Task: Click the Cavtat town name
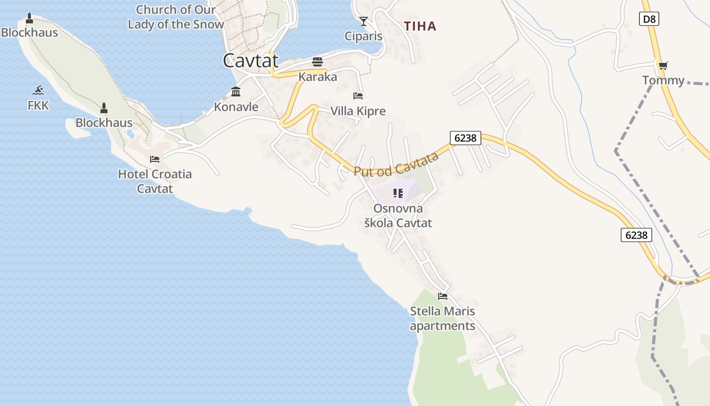[x=251, y=61]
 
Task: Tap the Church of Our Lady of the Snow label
[x=176, y=17]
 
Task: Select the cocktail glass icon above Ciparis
[x=364, y=21]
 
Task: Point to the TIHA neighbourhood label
[x=420, y=26]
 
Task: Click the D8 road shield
[x=649, y=19]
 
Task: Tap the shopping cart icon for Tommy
[x=663, y=65]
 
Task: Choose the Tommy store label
[x=663, y=80]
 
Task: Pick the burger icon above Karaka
[x=318, y=62]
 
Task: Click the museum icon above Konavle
[x=236, y=92]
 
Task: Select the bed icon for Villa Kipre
[x=358, y=95]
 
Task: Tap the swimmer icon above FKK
[x=38, y=91]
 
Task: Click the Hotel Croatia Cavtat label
[x=155, y=181]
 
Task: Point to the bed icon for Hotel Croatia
[x=155, y=159]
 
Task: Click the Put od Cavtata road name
[x=396, y=164]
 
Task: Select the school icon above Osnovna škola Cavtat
[x=398, y=193]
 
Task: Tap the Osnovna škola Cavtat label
[x=398, y=216]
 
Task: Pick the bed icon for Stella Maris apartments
[x=443, y=296]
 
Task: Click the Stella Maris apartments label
[x=443, y=318]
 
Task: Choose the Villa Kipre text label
[x=358, y=111]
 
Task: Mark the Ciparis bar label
[x=363, y=36]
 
